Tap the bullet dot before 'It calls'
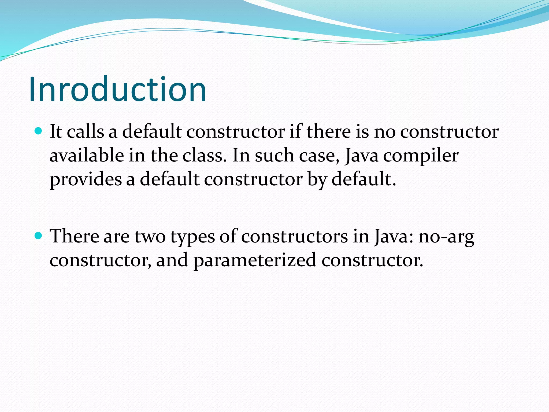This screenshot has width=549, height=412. [39, 131]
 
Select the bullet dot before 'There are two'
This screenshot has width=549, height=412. [39, 236]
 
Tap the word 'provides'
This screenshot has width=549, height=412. [86, 180]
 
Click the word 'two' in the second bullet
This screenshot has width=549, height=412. [150, 237]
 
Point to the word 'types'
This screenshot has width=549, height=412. [192, 237]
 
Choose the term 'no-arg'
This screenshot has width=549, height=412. [446, 237]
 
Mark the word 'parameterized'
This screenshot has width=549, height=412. [255, 260]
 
